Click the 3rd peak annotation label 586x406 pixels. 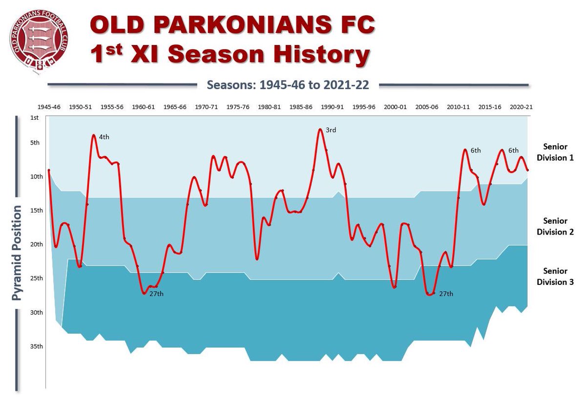click(331, 130)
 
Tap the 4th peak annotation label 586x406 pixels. click(104, 137)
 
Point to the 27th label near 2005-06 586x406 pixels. click(446, 294)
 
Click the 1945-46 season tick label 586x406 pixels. click(49, 107)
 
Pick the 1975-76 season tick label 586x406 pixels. click(237, 107)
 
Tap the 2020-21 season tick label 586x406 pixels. click(521, 107)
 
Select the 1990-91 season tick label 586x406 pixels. click(332, 107)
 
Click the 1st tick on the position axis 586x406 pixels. click(34, 118)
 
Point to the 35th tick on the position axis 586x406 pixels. click(36, 346)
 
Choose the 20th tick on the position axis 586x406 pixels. click(36, 244)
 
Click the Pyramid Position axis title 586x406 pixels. click(18, 253)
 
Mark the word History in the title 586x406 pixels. click(316, 55)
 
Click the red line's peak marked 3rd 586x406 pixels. click(320, 129)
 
